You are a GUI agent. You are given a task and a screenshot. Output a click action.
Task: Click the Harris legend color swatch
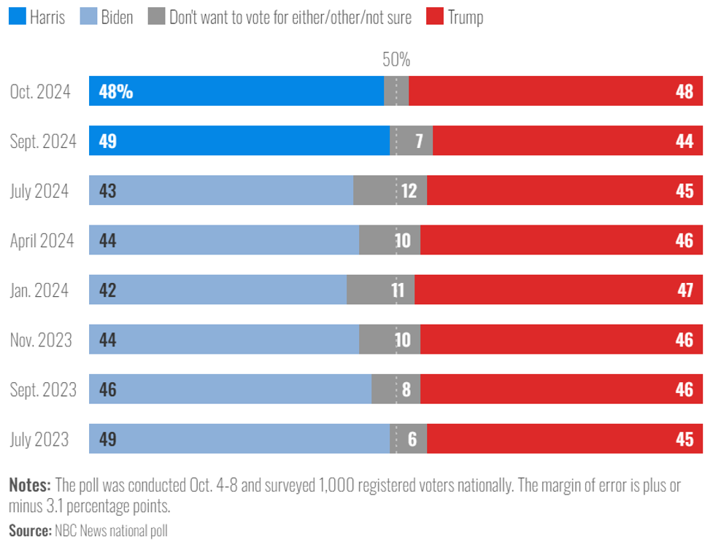pos(17,17)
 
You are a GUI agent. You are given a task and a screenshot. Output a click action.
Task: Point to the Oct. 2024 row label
pos(40,92)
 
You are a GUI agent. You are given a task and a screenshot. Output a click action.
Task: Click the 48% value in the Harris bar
pos(115,92)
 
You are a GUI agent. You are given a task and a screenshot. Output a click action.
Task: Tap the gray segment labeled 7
pos(418,141)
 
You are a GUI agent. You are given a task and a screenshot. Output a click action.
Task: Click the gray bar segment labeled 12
pos(408,191)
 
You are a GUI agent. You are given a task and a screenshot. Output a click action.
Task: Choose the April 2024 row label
pos(42,241)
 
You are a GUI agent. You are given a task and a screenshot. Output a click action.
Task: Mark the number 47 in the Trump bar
pos(684,290)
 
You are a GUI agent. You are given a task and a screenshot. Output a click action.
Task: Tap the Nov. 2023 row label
pos(41,340)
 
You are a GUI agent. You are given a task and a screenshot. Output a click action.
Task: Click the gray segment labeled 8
pos(406,389)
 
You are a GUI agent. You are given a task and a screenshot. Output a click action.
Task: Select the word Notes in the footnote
pos(30,485)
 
